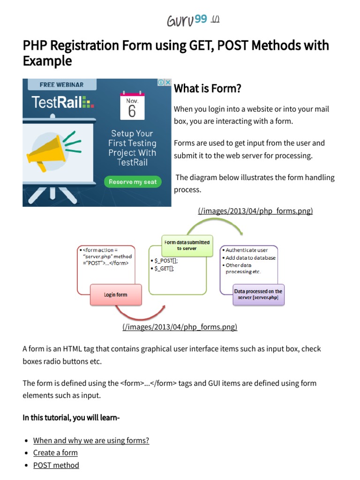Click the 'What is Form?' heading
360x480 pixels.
click(207, 88)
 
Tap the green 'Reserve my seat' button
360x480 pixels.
click(133, 182)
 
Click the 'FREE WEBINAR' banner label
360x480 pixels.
click(61, 85)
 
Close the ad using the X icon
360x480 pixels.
click(168, 82)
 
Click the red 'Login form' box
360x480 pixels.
click(115, 295)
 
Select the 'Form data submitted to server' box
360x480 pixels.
click(187, 245)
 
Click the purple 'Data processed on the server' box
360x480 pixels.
click(258, 294)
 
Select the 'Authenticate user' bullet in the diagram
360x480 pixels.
click(247, 250)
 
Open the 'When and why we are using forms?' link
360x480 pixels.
click(91, 441)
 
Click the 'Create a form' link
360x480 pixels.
click(55, 453)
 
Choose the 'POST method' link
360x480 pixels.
click(56, 465)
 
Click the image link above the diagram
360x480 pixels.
click(255, 211)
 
